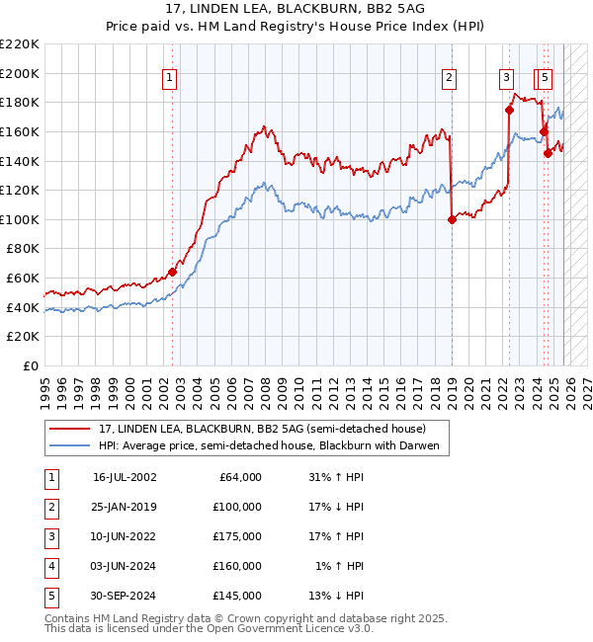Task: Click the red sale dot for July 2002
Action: tap(172, 272)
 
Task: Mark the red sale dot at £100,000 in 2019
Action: tap(452, 219)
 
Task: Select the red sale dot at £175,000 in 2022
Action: tap(510, 110)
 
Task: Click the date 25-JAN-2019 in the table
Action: tap(125, 507)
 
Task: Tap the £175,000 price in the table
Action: tap(237, 536)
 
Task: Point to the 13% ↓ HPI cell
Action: tap(336, 596)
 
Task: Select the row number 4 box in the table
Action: tap(50, 566)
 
